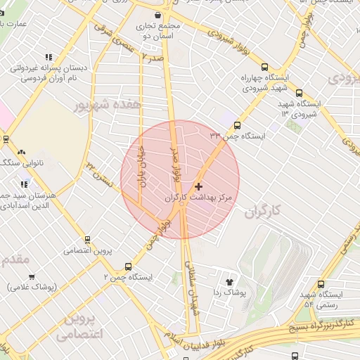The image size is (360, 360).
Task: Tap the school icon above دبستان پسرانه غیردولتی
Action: point(48,57)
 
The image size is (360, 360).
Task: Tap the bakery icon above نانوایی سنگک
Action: point(21,152)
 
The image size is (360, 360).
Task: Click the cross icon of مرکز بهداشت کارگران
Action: point(199,186)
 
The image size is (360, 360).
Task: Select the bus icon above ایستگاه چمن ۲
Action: point(127,266)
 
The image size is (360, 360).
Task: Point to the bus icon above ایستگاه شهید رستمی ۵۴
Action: point(321,285)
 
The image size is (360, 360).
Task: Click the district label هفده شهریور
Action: point(108,104)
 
